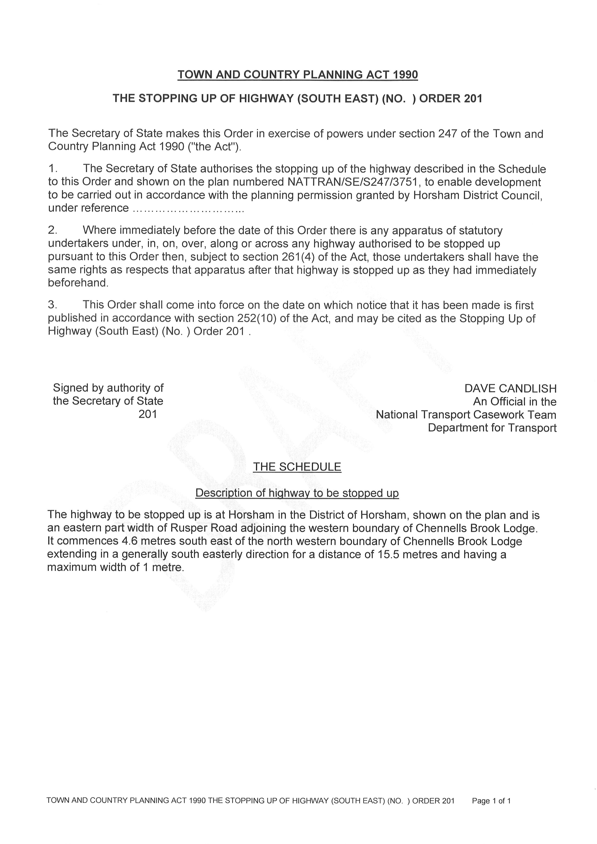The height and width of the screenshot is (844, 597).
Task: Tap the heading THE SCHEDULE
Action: (297, 467)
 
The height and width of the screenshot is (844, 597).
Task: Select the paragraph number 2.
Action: (52, 230)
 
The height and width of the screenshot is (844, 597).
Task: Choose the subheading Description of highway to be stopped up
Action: (297, 493)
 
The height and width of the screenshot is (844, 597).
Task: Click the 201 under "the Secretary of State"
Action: (148, 414)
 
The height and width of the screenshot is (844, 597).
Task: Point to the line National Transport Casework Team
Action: (466, 415)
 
